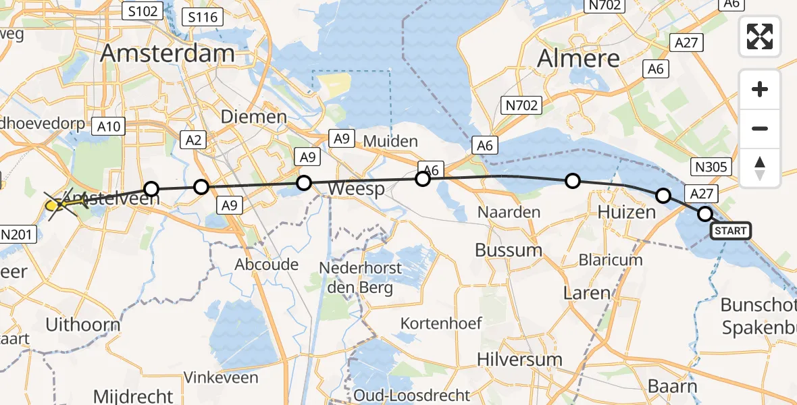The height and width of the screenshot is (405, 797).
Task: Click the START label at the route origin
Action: click(x=730, y=231)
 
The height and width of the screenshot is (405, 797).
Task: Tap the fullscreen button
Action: click(x=760, y=36)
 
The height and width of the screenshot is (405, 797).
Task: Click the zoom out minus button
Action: click(x=760, y=128)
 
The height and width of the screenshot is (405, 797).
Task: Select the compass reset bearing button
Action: click(x=760, y=168)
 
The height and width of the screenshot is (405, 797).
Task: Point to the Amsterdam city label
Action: click(x=168, y=54)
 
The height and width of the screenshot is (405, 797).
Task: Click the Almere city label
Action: click(x=578, y=59)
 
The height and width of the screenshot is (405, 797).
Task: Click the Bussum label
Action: click(x=509, y=250)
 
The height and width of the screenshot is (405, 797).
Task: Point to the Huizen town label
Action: click(x=627, y=212)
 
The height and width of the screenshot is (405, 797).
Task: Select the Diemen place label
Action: click(x=253, y=117)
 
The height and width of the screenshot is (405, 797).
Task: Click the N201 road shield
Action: click(x=19, y=235)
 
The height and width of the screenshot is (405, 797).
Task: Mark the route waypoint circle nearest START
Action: click(x=704, y=214)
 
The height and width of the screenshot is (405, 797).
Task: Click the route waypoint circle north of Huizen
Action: click(x=573, y=181)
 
